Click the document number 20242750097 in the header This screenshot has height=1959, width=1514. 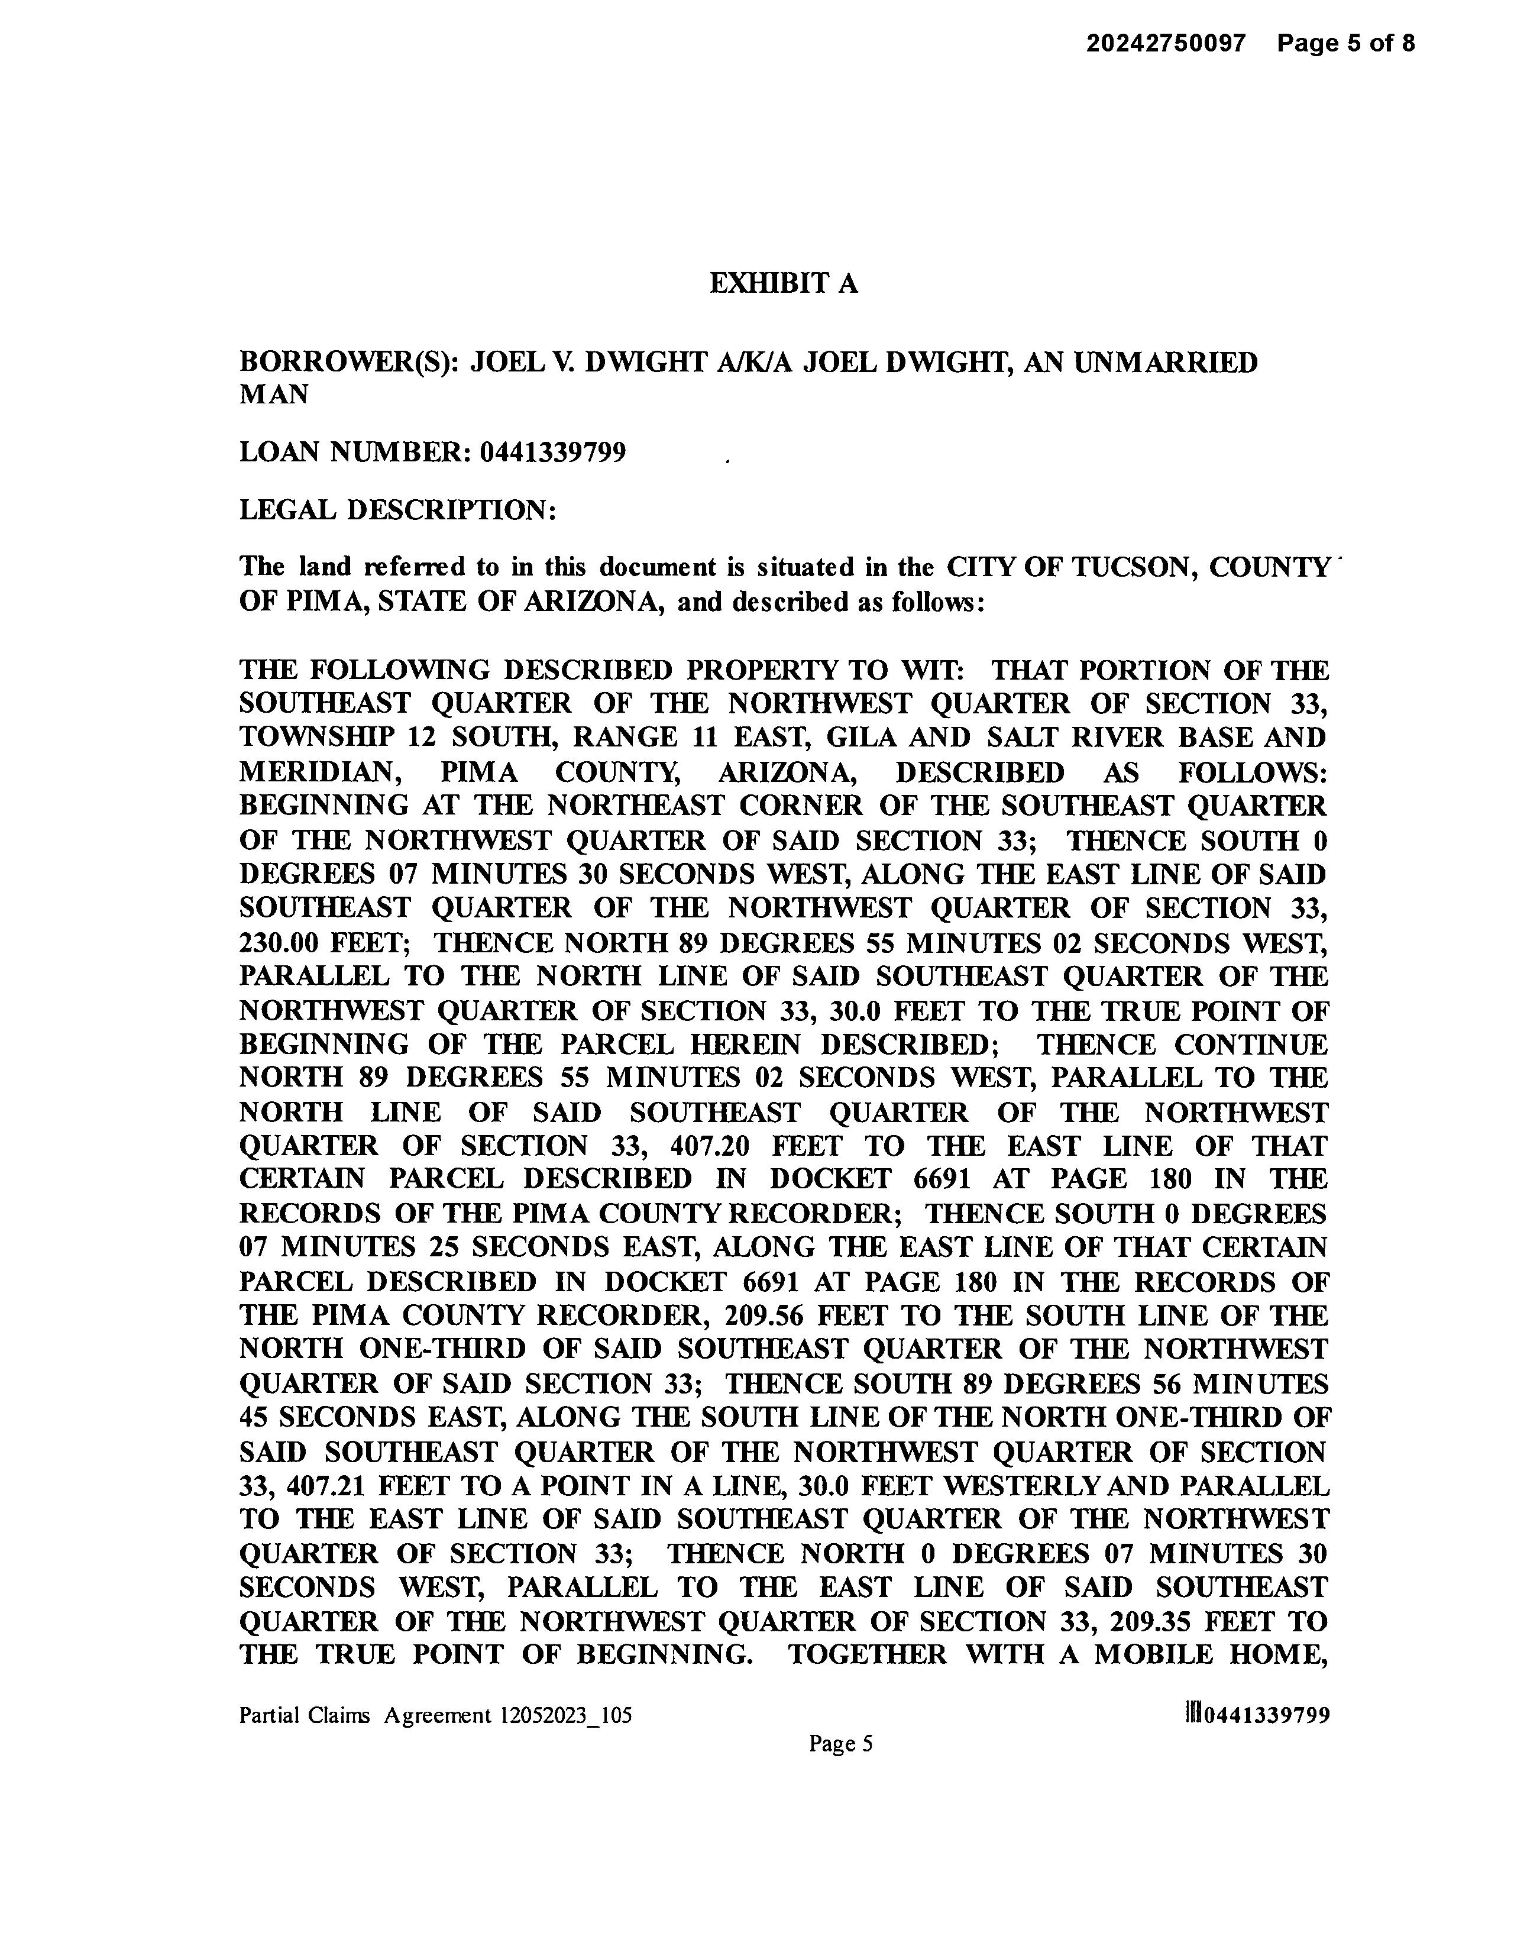[1166, 43]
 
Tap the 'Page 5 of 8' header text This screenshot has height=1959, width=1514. [1346, 43]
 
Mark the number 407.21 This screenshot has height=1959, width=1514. [328, 1486]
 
